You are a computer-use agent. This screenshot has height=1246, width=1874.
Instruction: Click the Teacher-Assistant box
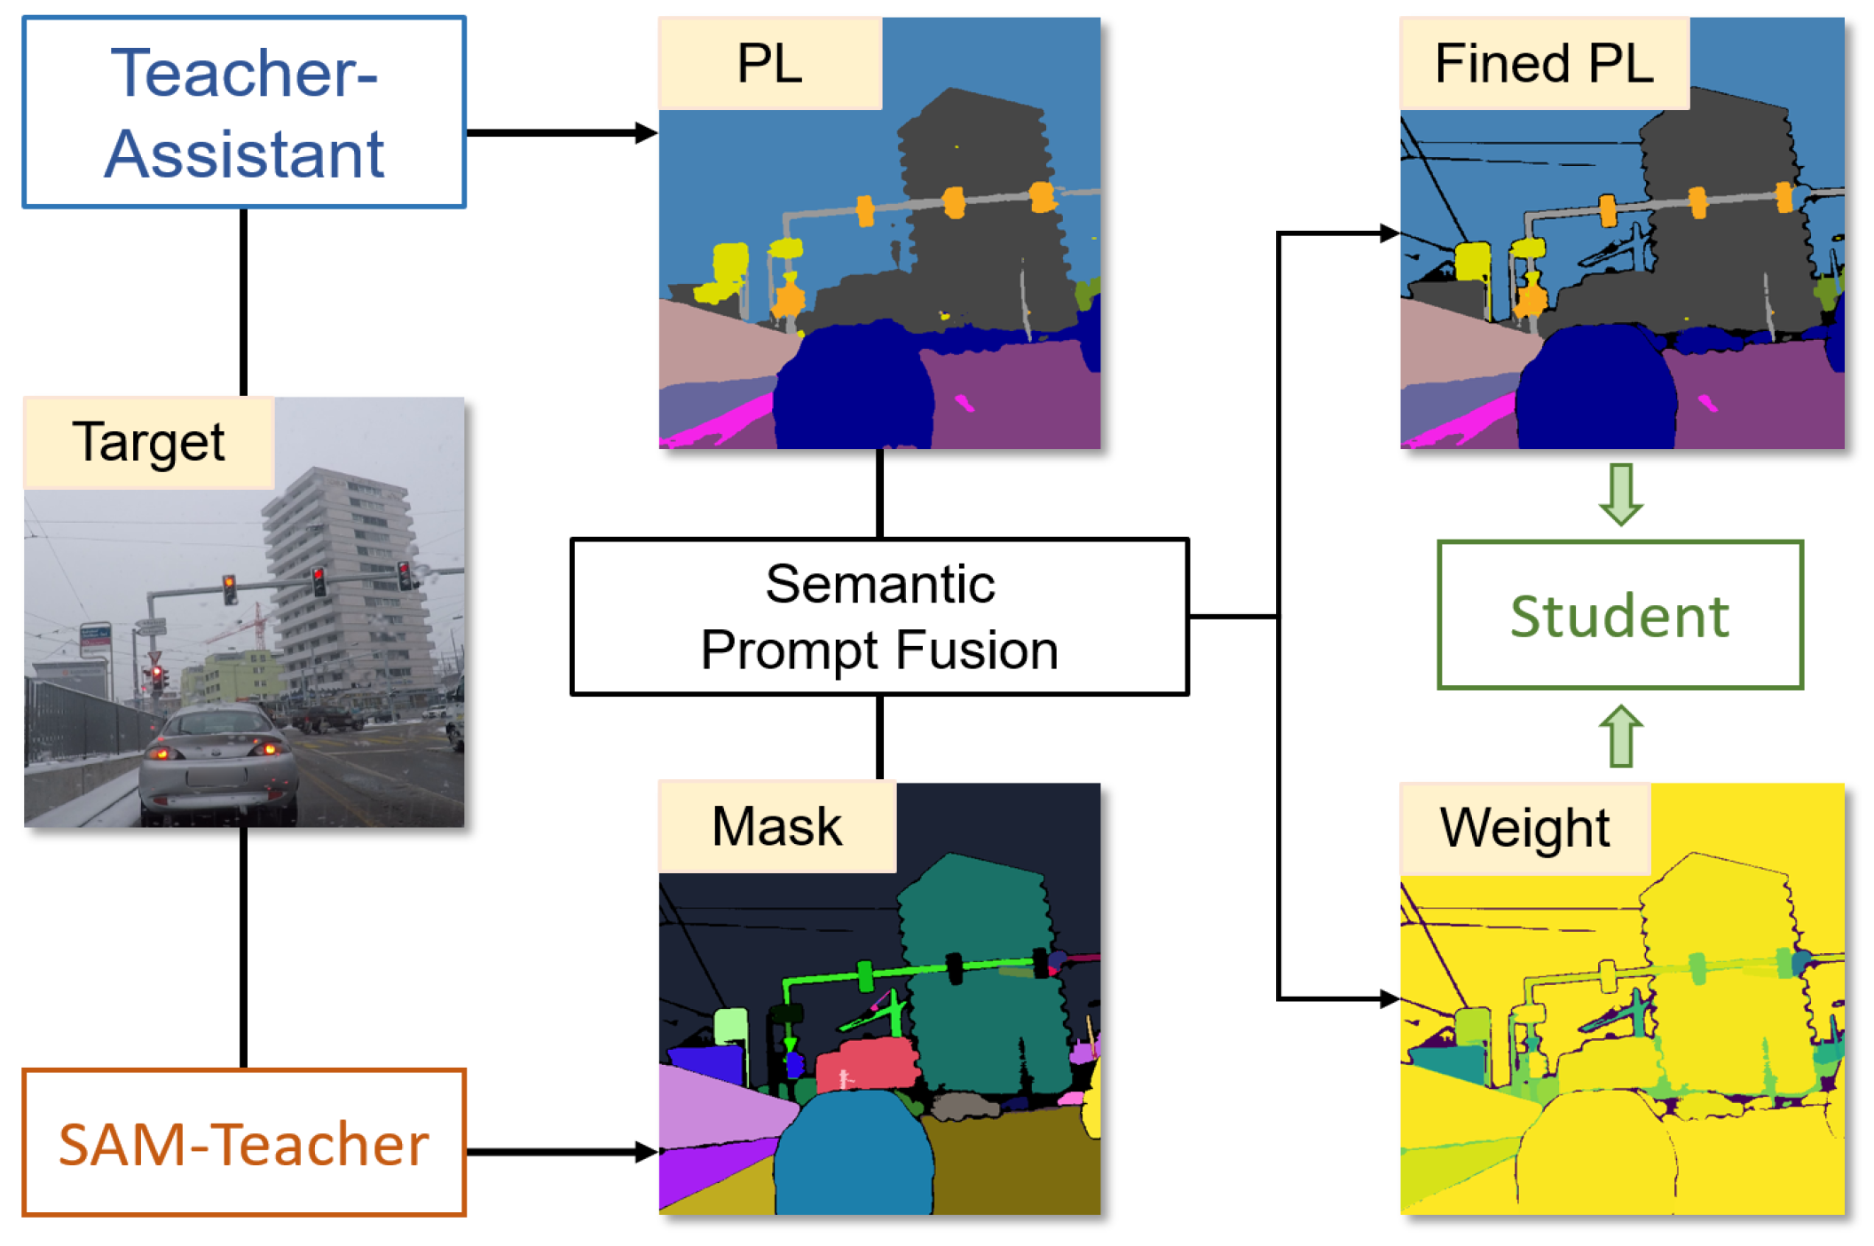pos(243,113)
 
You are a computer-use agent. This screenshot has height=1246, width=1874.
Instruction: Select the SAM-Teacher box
pos(243,1142)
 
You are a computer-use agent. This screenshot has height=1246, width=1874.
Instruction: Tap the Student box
pos(1619,615)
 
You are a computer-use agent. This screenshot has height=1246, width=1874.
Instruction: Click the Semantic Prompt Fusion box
pos(878,617)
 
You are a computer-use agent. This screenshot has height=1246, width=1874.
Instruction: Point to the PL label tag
pos(769,64)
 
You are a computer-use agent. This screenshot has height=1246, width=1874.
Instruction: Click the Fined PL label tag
pos(1544,64)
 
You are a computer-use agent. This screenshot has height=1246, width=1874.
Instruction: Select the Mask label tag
pos(776,826)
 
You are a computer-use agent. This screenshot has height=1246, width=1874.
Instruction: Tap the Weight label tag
pos(1524,828)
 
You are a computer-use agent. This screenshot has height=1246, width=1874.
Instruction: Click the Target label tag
pos(148,442)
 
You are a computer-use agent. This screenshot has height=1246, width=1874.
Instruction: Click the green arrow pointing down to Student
pos(1620,494)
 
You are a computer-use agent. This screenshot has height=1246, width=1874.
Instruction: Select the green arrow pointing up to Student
pos(1620,736)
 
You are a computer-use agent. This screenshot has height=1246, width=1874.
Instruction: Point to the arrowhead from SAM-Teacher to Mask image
pos(646,1152)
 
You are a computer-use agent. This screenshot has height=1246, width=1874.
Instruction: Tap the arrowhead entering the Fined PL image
pos(1389,233)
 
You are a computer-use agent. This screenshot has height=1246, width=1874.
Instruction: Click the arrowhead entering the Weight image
pos(1389,999)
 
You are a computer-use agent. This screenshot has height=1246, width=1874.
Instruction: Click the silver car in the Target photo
pos(217,763)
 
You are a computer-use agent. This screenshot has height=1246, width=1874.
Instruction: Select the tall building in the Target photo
pos(342,568)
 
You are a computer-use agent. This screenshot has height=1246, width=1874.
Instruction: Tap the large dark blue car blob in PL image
pos(852,390)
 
